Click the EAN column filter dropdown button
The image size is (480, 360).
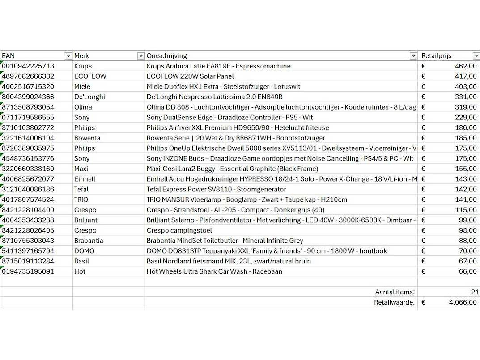(68, 56)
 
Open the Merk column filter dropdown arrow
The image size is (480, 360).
(141, 56)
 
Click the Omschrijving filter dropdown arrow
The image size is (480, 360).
(413, 56)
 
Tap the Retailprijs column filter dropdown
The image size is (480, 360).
(476, 56)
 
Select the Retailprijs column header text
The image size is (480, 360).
(436, 56)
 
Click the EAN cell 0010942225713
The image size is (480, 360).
(28, 66)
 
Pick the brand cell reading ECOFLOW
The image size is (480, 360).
(90, 76)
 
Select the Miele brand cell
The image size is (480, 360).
(82, 87)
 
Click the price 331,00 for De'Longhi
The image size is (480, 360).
(466, 97)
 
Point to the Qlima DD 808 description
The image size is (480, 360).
(281, 107)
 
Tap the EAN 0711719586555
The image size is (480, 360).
(28, 118)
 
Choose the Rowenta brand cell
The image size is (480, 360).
(87, 138)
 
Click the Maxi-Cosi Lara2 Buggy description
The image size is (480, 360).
(232, 169)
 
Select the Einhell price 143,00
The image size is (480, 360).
(466, 179)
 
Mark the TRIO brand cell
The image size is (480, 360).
(81, 199)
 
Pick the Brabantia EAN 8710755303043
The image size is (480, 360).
(28, 241)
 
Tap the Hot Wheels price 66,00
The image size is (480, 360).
(467, 271)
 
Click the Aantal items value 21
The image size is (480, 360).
(475, 292)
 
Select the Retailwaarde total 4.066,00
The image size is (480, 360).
(463, 302)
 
